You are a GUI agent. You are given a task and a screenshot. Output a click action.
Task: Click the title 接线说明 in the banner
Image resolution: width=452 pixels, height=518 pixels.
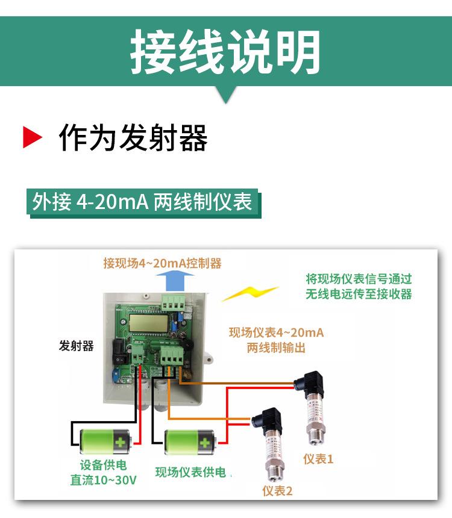[x=225, y=51]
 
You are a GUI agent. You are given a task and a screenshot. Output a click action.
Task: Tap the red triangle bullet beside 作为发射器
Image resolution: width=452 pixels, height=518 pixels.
[x=32, y=137]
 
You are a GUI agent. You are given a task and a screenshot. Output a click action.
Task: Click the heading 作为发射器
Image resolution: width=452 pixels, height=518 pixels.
[x=133, y=138]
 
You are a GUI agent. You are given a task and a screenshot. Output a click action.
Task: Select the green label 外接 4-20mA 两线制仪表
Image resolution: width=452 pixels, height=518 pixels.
[x=142, y=202]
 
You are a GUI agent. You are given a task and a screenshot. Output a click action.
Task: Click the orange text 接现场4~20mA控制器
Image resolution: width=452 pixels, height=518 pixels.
[x=162, y=263]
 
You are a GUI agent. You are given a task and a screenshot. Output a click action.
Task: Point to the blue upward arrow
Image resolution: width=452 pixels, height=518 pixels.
[x=175, y=281]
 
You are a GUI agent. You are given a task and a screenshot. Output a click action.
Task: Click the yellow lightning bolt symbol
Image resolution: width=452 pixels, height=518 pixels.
[x=250, y=293]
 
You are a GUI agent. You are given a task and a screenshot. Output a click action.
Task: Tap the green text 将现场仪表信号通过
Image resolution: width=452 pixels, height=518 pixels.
[x=359, y=279]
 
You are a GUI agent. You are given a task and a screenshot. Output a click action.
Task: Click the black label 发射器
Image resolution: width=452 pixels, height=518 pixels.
[x=77, y=346]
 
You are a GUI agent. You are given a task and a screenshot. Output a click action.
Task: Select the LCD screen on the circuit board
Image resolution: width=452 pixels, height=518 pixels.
[x=149, y=323]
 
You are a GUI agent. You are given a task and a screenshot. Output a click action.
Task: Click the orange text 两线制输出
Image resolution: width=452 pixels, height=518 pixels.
[x=276, y=348]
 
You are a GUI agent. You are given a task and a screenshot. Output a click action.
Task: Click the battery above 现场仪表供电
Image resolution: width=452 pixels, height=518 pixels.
[x=190, y=442]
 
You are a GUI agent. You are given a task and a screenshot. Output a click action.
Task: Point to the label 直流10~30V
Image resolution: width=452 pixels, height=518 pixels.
[x=103, y=480]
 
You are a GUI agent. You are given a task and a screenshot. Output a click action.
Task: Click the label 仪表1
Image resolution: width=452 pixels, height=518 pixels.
[x=318, y=459]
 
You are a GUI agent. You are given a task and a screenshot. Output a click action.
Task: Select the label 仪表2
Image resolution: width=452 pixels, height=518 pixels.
[x=277, y=491]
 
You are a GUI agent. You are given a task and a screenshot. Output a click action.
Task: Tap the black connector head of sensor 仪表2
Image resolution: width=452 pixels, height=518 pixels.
[x=267, y=420]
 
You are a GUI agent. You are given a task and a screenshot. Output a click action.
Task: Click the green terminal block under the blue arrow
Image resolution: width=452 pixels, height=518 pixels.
[x=173, y=302]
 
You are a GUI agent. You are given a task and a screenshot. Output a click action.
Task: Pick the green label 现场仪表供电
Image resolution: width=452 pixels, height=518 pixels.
[x=190, y=472]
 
